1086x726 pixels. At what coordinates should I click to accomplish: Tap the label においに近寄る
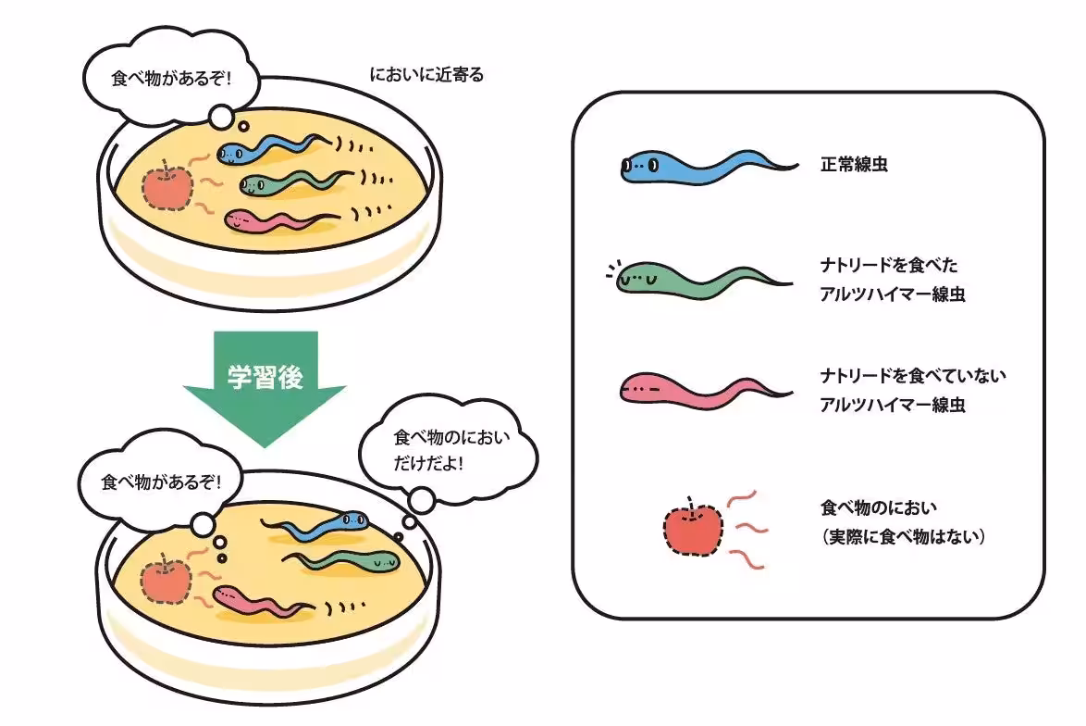[426, 75]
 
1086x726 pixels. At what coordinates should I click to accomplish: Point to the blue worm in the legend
[703, 168]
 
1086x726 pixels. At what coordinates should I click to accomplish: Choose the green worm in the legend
[703, 279]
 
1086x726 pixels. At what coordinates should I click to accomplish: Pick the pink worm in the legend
[703, 390]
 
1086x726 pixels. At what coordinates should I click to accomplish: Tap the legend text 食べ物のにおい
[879, 507]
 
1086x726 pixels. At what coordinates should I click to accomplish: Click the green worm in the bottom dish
[352, 558]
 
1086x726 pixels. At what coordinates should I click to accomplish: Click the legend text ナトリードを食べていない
[912, 376]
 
